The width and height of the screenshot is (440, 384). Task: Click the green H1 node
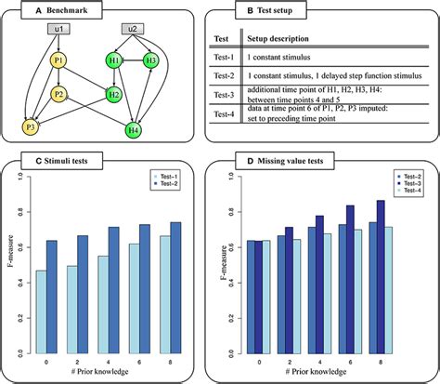pos(114,61)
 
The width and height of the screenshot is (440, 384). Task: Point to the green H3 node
pos(151,61)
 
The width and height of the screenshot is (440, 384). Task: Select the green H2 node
pos(113,94)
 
